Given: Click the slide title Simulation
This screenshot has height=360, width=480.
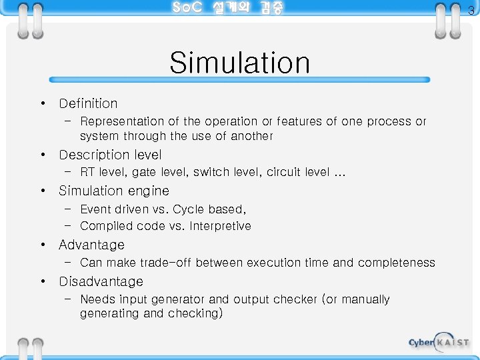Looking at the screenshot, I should coord(239,63).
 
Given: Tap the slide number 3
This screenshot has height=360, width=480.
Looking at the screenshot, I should coord(471,10).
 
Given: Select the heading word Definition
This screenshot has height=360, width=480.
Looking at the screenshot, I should coord(88,103).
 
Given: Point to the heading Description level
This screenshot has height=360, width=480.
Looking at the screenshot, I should coord(110,155).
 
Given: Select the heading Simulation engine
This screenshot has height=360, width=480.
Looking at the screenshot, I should coord(114,191).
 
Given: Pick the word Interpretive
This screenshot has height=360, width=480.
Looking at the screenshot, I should coord(220,226).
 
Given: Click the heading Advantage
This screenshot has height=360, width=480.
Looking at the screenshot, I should coord(91,245).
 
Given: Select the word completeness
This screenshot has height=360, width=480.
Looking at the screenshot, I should coord(396,263).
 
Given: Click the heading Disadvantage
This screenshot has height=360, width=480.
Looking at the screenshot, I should coord(101,281).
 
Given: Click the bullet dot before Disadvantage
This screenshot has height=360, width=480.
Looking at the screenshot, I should coord(42,281).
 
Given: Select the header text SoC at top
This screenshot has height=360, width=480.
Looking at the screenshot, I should coord(188,8).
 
